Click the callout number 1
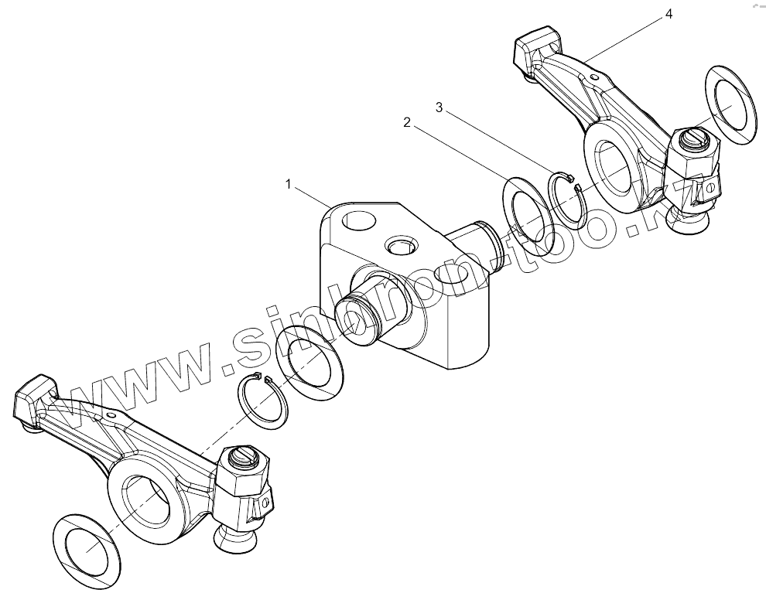(288, 184)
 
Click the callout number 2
(405, 122)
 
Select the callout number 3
(439, 108)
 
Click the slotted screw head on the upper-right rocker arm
(694, 141)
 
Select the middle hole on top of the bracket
(401, 246)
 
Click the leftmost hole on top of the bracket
(358, 221)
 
